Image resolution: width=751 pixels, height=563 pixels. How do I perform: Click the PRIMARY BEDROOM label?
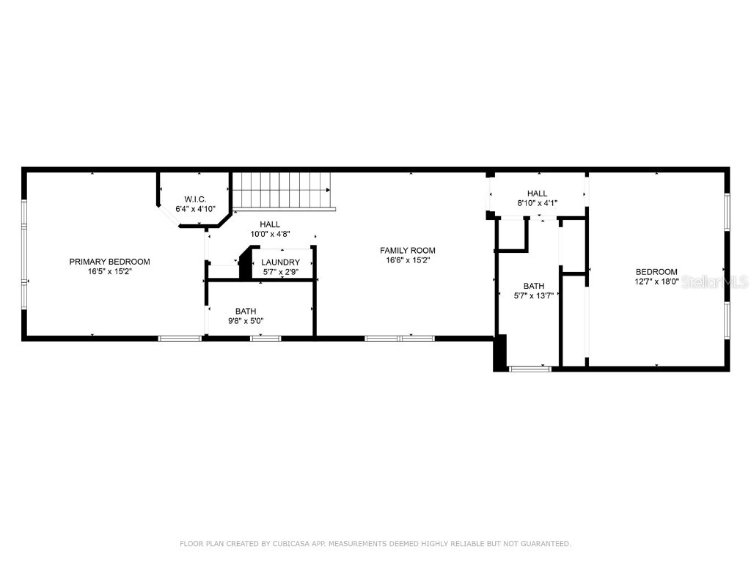point(109,262)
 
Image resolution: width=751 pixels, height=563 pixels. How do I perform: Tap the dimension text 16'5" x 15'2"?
point(109,272)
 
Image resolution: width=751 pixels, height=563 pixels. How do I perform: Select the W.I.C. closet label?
point(195,199)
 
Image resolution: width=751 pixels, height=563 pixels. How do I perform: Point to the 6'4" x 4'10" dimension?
point(195,209)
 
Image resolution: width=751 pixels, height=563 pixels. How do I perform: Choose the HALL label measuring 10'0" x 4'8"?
point(270,224)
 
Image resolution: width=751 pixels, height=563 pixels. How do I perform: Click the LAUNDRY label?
point(280,262)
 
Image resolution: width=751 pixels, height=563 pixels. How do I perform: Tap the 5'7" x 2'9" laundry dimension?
point(280,272)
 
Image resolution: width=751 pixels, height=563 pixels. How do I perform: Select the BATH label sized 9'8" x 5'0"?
point(246,311)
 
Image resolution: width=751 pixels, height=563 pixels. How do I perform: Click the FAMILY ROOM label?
point(407,250)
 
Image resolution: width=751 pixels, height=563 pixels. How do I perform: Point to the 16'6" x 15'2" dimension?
point(407,260)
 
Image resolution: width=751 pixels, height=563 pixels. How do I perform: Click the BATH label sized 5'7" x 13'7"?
point(533,286)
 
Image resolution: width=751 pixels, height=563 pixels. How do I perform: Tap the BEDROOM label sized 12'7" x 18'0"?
point(656,271)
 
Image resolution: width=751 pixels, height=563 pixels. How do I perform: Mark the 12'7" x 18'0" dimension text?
point(656,281)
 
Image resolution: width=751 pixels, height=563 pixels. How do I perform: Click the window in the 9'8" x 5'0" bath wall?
point(265,338)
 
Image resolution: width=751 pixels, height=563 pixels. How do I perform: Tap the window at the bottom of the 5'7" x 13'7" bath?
point(530,368)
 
